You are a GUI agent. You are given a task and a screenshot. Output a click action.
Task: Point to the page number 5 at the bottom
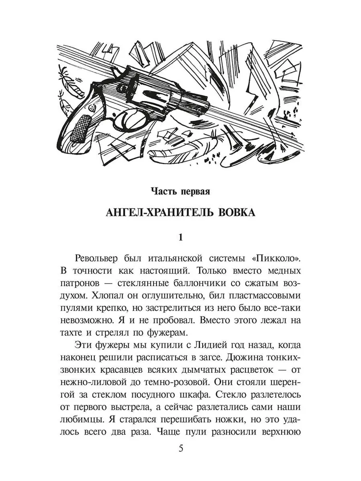point(180,449)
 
